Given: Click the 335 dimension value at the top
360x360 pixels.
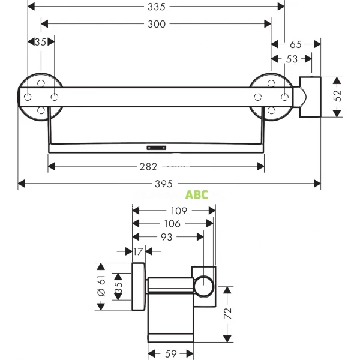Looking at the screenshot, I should tap(157, 7).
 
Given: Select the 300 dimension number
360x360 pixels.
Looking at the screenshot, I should tap(157, 24).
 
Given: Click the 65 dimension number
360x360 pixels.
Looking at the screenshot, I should tap(295, 44).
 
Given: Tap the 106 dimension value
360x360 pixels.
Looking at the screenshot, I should tap(172, 224).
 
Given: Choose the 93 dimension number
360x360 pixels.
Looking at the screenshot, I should tap(166, 237).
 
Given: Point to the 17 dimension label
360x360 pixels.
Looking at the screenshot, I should tap(137, 251).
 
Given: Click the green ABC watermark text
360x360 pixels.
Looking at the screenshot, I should tap(196, 194).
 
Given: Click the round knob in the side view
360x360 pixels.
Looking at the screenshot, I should tap(204, 286).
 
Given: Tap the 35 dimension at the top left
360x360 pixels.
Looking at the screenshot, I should tap(41, 42).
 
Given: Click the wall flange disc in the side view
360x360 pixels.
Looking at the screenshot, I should tap(139, 287).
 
